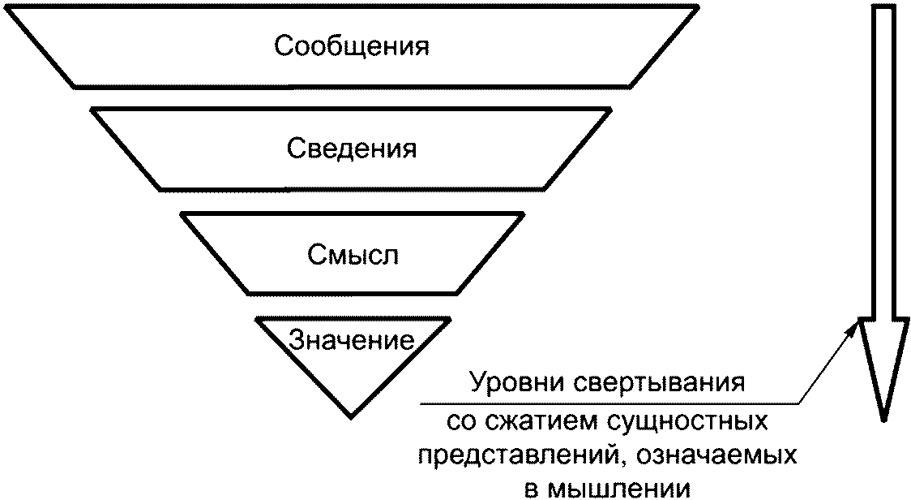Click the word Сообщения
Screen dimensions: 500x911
tap(351, 46)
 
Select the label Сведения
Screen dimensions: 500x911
tap(352, 150)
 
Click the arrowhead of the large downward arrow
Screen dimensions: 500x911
tap(883, 365)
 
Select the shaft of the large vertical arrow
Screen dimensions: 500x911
tap(883, 162)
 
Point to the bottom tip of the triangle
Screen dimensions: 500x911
tap(351, 416)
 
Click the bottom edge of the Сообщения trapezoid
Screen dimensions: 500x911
tap(352, 86)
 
